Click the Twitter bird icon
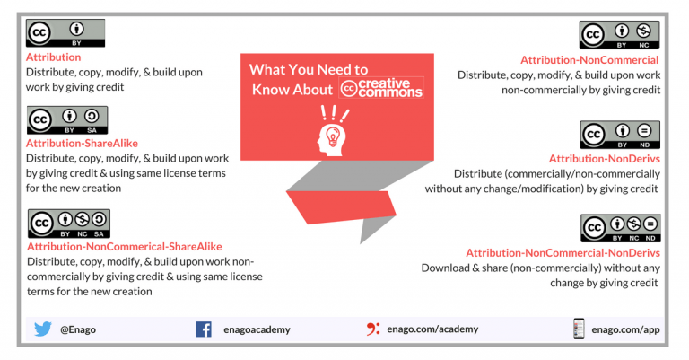(43, 329)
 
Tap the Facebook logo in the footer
(204, 329)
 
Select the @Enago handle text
(78, 329)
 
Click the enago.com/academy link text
(430, 329)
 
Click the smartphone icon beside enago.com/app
(579, 329)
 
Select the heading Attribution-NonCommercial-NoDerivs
(563, 253)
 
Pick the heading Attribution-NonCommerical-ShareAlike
(125, 246)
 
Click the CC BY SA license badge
(67, 120)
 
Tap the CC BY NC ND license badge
(620, 229)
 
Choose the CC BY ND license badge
(620, 135)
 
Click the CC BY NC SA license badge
(69, 224)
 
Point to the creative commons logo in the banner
(382, 89)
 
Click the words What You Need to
(309, 69)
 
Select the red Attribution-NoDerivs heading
(604, 159)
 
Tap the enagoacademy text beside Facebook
(254, 329)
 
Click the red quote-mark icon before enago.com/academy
(373, 329)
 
